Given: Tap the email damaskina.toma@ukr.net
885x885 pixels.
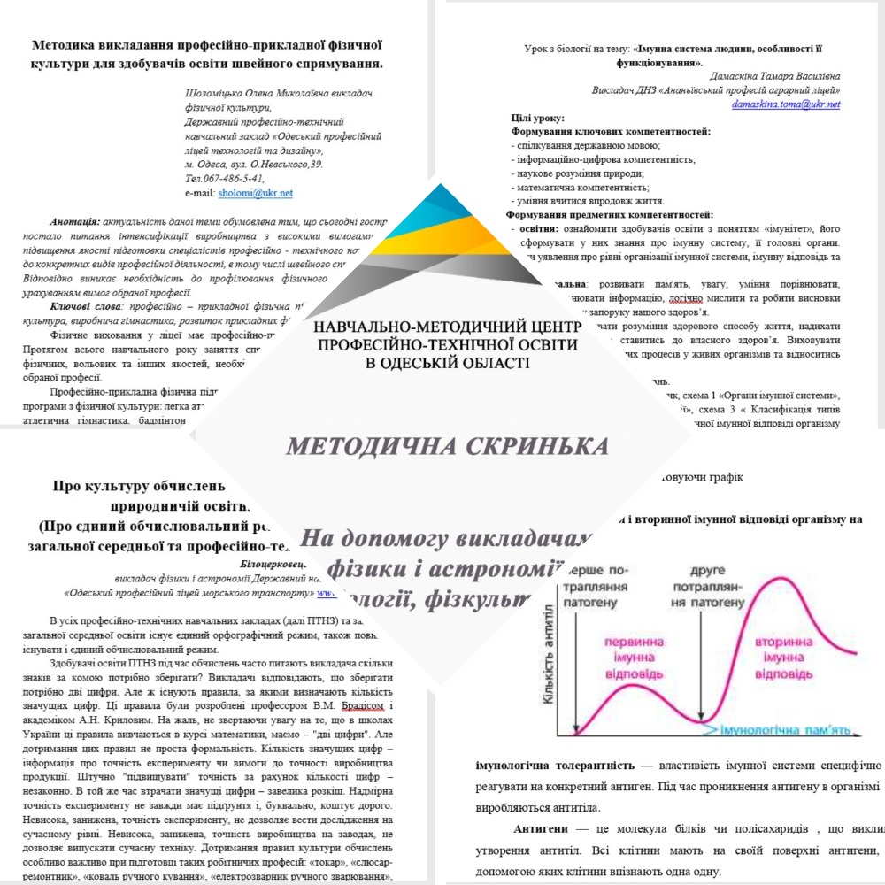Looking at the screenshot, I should [x=786, y=104].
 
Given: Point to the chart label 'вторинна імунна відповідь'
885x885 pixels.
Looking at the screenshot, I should [x=791, y=658].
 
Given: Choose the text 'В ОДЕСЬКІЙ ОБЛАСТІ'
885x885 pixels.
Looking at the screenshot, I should [x=447, y=362].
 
